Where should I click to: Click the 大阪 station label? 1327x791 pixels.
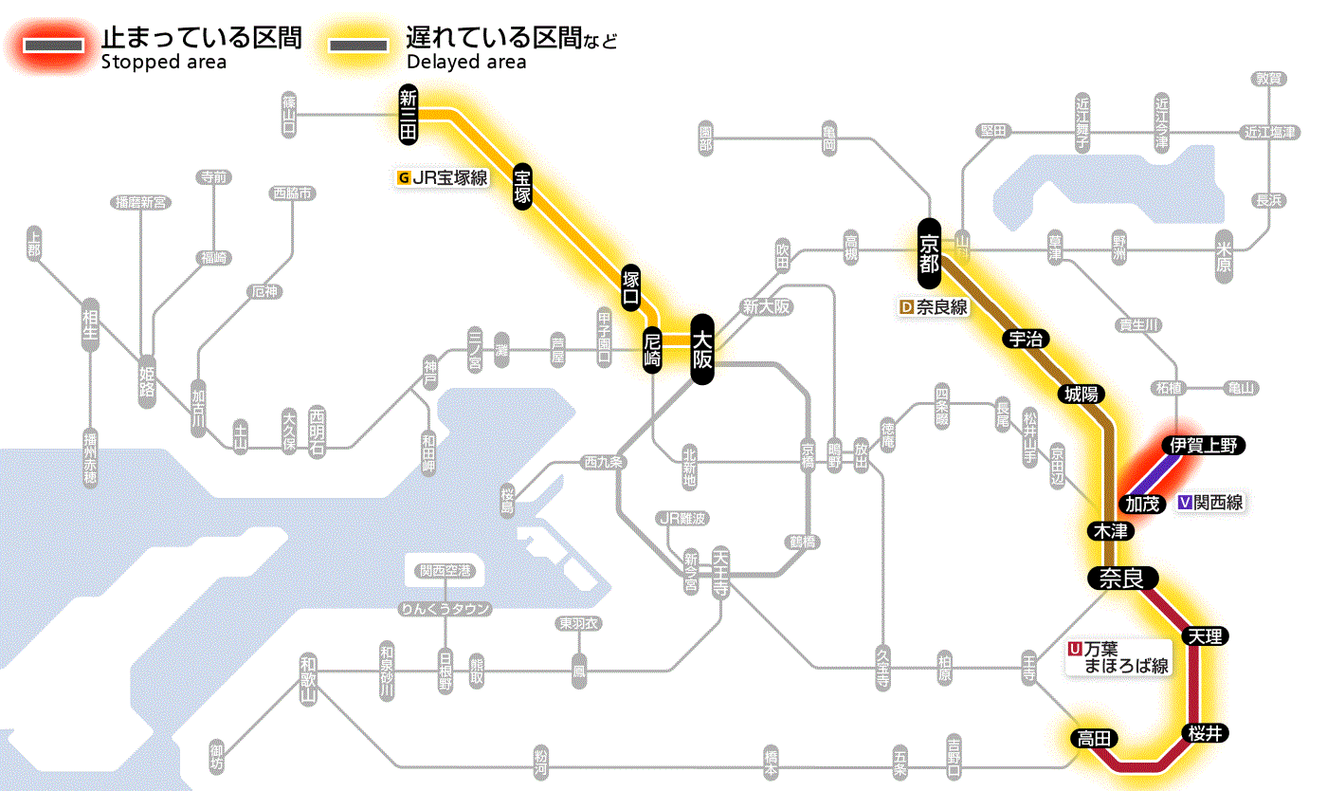click(x=701, y=349)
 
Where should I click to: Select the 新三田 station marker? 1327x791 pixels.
click(x=409, y=115)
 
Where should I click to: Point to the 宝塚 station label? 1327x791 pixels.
click(x=522, y=186)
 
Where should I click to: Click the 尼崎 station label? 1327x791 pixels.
click(x=652, y=351)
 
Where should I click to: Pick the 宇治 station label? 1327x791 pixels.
click(x=1026, y=339)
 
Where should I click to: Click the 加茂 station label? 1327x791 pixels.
click(x=1142, y=504)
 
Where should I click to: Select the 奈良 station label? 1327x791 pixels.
click(x=1121, y=578)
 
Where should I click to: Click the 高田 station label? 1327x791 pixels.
click(x=1093, y=738)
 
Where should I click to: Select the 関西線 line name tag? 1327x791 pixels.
click(x=1210, y=504)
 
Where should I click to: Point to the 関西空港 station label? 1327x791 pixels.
click(x=445, y=571)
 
